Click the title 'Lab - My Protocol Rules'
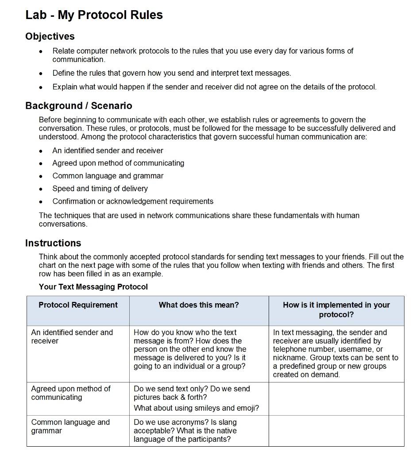(94, 15)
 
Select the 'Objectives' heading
(50, 36)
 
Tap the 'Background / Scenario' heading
(78, 106)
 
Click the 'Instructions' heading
(53, 243)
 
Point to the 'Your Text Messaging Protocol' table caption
(93, 287)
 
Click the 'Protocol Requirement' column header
(78, 305)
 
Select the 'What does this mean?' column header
(199, 305)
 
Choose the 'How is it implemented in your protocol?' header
(336, 310)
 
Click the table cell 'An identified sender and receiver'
(72, 336)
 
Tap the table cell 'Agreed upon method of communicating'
(70, 393)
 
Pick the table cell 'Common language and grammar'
(70, 426)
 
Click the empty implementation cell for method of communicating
(336, 398)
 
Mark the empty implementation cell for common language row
(336, 431)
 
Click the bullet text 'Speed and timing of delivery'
(100, 189)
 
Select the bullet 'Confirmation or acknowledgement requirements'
(133, 201)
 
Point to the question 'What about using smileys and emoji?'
(196, 408)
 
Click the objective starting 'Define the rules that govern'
(171, 73)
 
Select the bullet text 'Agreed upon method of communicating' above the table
(118, 163)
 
